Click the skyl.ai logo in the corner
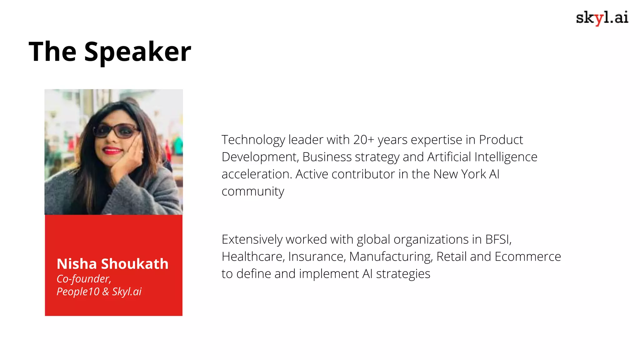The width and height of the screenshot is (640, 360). click(602, 18)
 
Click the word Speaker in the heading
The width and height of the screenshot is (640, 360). click(137, 52)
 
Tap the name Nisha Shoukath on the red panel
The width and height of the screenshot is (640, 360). click(112, 264)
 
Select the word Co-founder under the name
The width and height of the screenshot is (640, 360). click(83, 279)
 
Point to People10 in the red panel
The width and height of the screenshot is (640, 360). click(78, 292)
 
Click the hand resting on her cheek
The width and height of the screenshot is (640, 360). click(128, 156)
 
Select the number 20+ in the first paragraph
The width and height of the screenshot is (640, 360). click(363, 140)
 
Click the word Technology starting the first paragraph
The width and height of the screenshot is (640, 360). click(253, 140)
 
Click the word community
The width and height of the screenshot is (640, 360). click(253, 192)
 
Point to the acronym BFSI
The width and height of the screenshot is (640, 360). click(498, 240)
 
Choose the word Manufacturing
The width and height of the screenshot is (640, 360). click(391, 257)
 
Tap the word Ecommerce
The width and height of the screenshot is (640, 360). click(528, 257)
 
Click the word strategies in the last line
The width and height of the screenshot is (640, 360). click(403, 274)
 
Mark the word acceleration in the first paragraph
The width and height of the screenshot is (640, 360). click(257, 174)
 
